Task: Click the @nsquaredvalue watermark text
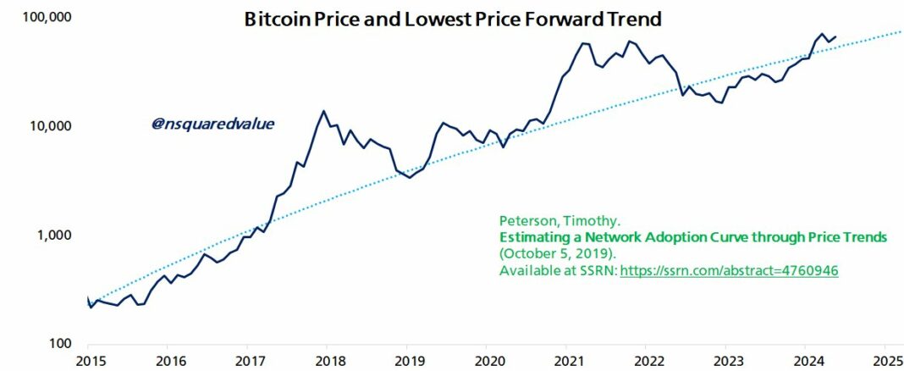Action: click(x=213, y=125)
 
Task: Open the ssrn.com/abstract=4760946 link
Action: click(x=729, y=270)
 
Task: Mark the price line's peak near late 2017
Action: click(x=323, y=111)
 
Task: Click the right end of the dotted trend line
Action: click(x=901, y=31)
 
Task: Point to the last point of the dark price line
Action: click(x=835, y=36)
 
